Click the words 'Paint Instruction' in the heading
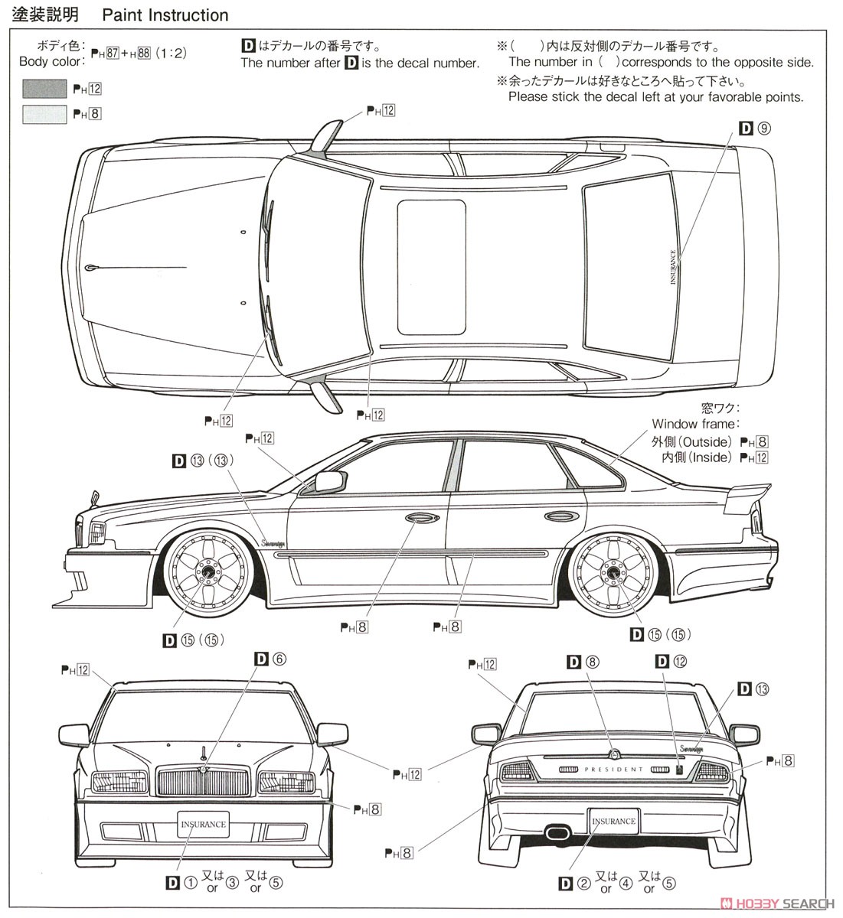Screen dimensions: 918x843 tap(165, 15)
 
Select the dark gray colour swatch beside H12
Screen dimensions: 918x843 tap(44, 89)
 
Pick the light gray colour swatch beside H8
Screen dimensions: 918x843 tap(44, 114)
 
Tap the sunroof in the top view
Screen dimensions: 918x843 tap(431, 268)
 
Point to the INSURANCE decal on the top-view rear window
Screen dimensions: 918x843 tap(673, 268)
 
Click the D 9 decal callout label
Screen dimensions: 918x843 tap(754, 129)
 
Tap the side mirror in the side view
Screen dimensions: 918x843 tap(329, 482)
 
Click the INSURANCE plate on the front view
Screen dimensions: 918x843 tap(203, 824)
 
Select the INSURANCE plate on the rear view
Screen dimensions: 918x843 tap(613, 821)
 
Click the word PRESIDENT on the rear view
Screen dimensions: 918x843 tap(614, 770)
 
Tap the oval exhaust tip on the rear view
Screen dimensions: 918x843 tap(556, 832)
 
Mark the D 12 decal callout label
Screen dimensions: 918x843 tap(671, 661)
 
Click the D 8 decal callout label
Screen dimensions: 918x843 tap(583, 661)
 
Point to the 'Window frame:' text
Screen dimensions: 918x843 tap(694, 424)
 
